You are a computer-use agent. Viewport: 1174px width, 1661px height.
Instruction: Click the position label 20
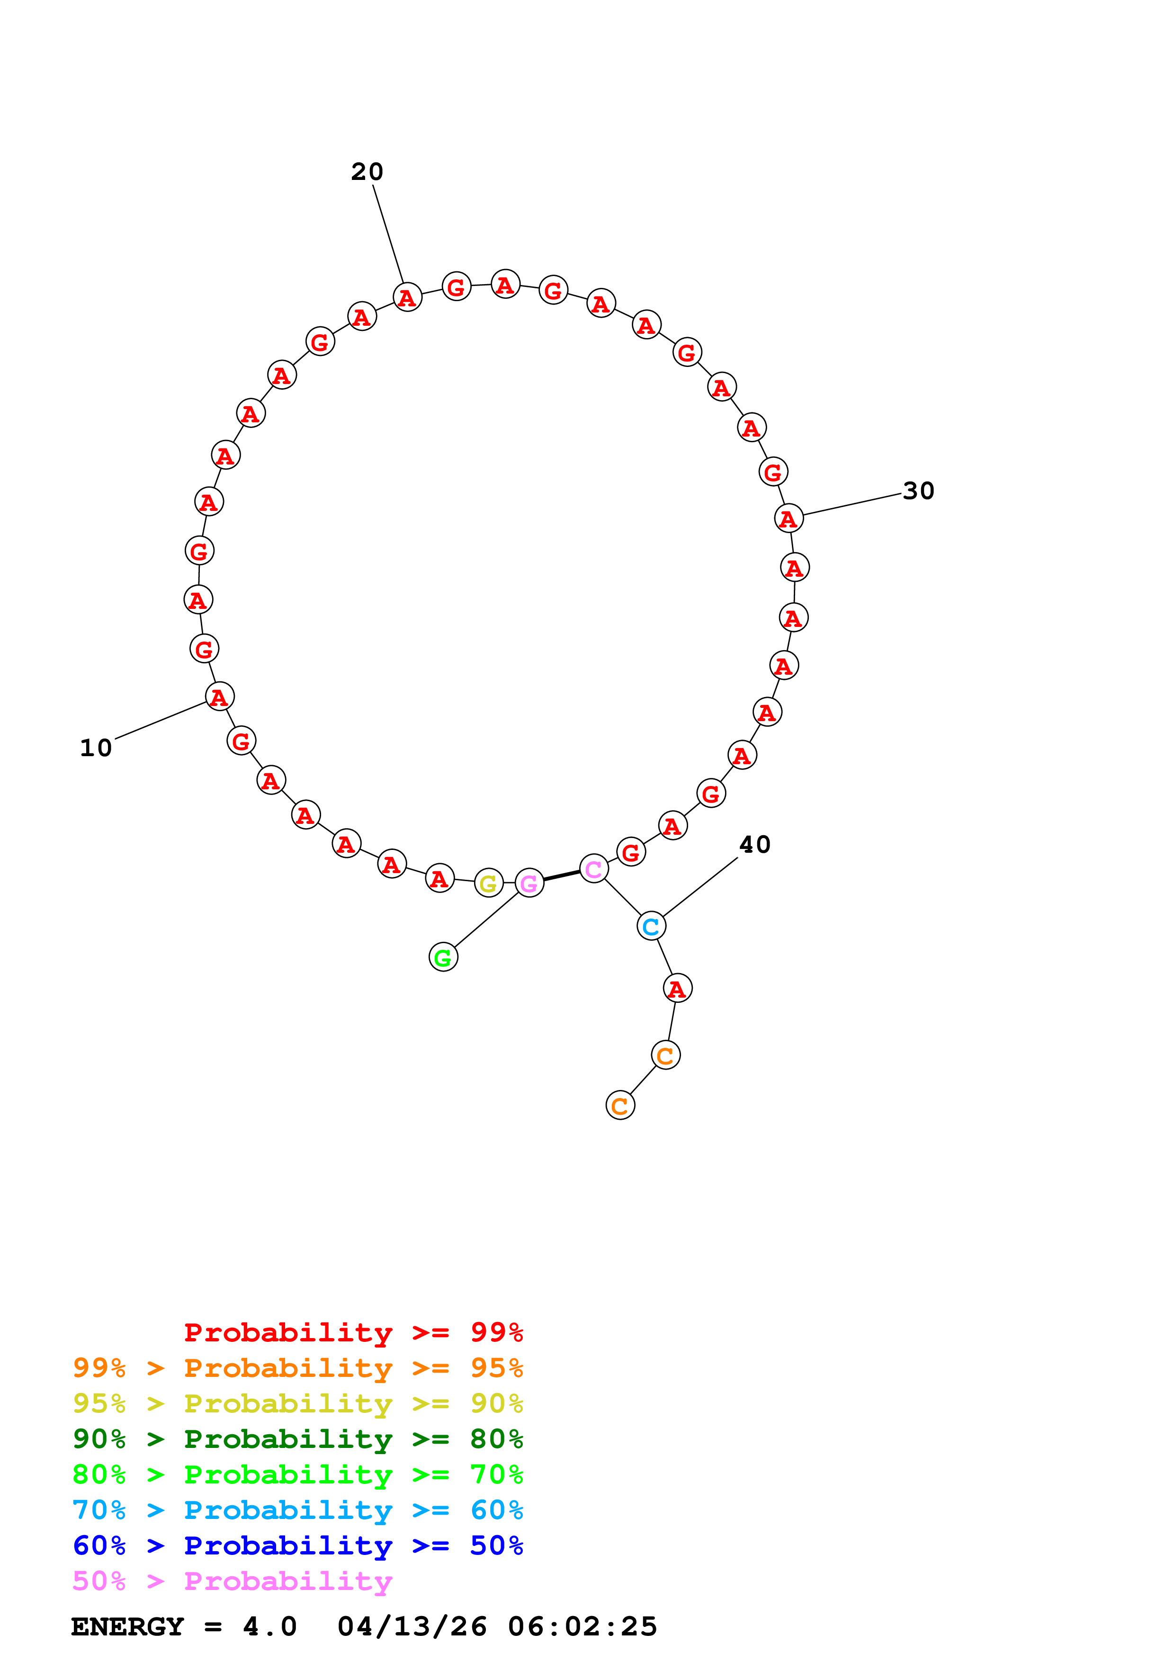click(x=367, y=172)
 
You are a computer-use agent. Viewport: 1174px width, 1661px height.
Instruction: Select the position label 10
click(x=96, y=748)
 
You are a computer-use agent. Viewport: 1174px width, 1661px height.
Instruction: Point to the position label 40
click(x=754, y=845)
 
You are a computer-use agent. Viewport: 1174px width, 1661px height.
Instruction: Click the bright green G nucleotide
click(x=443, y=957)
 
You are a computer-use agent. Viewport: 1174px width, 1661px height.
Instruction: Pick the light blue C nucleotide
click(x=651, y=926)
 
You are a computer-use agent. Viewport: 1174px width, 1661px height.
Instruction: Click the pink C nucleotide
click(x=594, y=869)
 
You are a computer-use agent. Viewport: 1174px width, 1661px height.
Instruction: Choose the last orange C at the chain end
click(x=620, y=1106)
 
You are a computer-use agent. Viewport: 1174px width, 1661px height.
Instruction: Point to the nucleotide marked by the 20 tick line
click(x=407, y=296)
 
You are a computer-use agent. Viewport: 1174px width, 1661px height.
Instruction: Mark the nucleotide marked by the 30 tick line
click(x=789, y=518)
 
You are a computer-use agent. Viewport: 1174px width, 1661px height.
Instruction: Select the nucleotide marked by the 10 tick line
click(x=219, y=697)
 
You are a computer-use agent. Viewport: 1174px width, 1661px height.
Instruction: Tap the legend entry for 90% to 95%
click(x=297, y=1403)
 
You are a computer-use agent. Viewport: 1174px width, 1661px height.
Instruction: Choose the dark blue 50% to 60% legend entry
click(x=297, y=1545)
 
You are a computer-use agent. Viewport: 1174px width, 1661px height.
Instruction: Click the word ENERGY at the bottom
click(x=127, y=1627)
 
